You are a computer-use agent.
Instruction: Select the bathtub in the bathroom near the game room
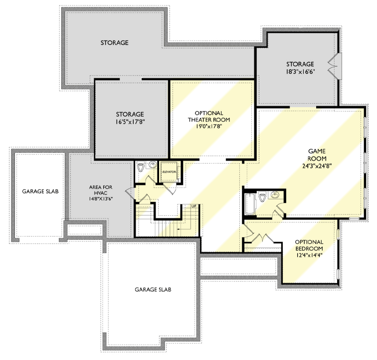click(250, 204)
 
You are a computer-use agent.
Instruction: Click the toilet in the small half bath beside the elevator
click(142, 167)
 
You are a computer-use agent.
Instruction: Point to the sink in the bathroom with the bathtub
click(275, 195)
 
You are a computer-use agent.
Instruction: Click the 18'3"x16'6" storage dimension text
click(300, 72)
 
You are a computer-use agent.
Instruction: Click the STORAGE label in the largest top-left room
click(114, 43)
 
